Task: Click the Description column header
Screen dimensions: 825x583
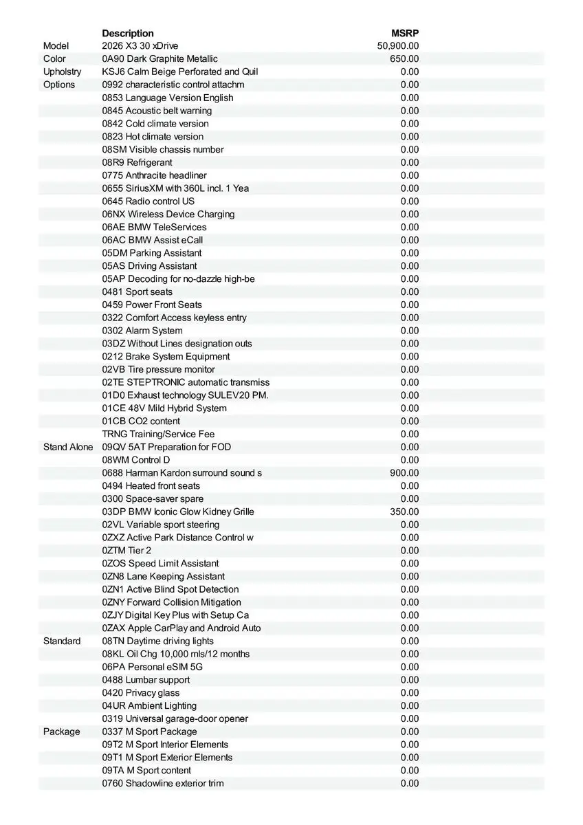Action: [128, 33]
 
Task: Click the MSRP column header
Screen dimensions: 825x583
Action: [405, 33]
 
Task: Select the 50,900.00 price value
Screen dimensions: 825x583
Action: [398, 46]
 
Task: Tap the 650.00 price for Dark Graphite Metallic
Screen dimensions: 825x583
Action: [404, 59]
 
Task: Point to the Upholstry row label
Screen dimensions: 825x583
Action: [62, 72]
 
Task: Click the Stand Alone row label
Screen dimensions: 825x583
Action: [68, 447]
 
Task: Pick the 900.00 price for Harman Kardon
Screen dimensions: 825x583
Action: [404, 473]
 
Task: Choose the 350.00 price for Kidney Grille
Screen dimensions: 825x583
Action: [404, 511]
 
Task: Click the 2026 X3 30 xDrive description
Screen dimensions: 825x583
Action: [140, 46]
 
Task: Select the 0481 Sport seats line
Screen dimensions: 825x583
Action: [137, 291]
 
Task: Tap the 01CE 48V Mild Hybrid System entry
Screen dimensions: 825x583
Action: [164, 408]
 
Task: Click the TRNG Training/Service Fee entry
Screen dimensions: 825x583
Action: [158, 434]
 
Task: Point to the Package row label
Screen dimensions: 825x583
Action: [62, 731]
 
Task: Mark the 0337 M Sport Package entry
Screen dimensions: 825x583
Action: [149, 731]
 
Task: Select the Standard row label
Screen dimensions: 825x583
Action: [62, 641]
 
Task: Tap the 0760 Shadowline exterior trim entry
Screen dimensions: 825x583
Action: [163, 783]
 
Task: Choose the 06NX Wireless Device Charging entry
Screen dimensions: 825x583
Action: [168, 214]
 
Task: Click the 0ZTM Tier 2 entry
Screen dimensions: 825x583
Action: [126, 551]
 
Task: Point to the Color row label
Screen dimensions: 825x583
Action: [55, 59]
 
